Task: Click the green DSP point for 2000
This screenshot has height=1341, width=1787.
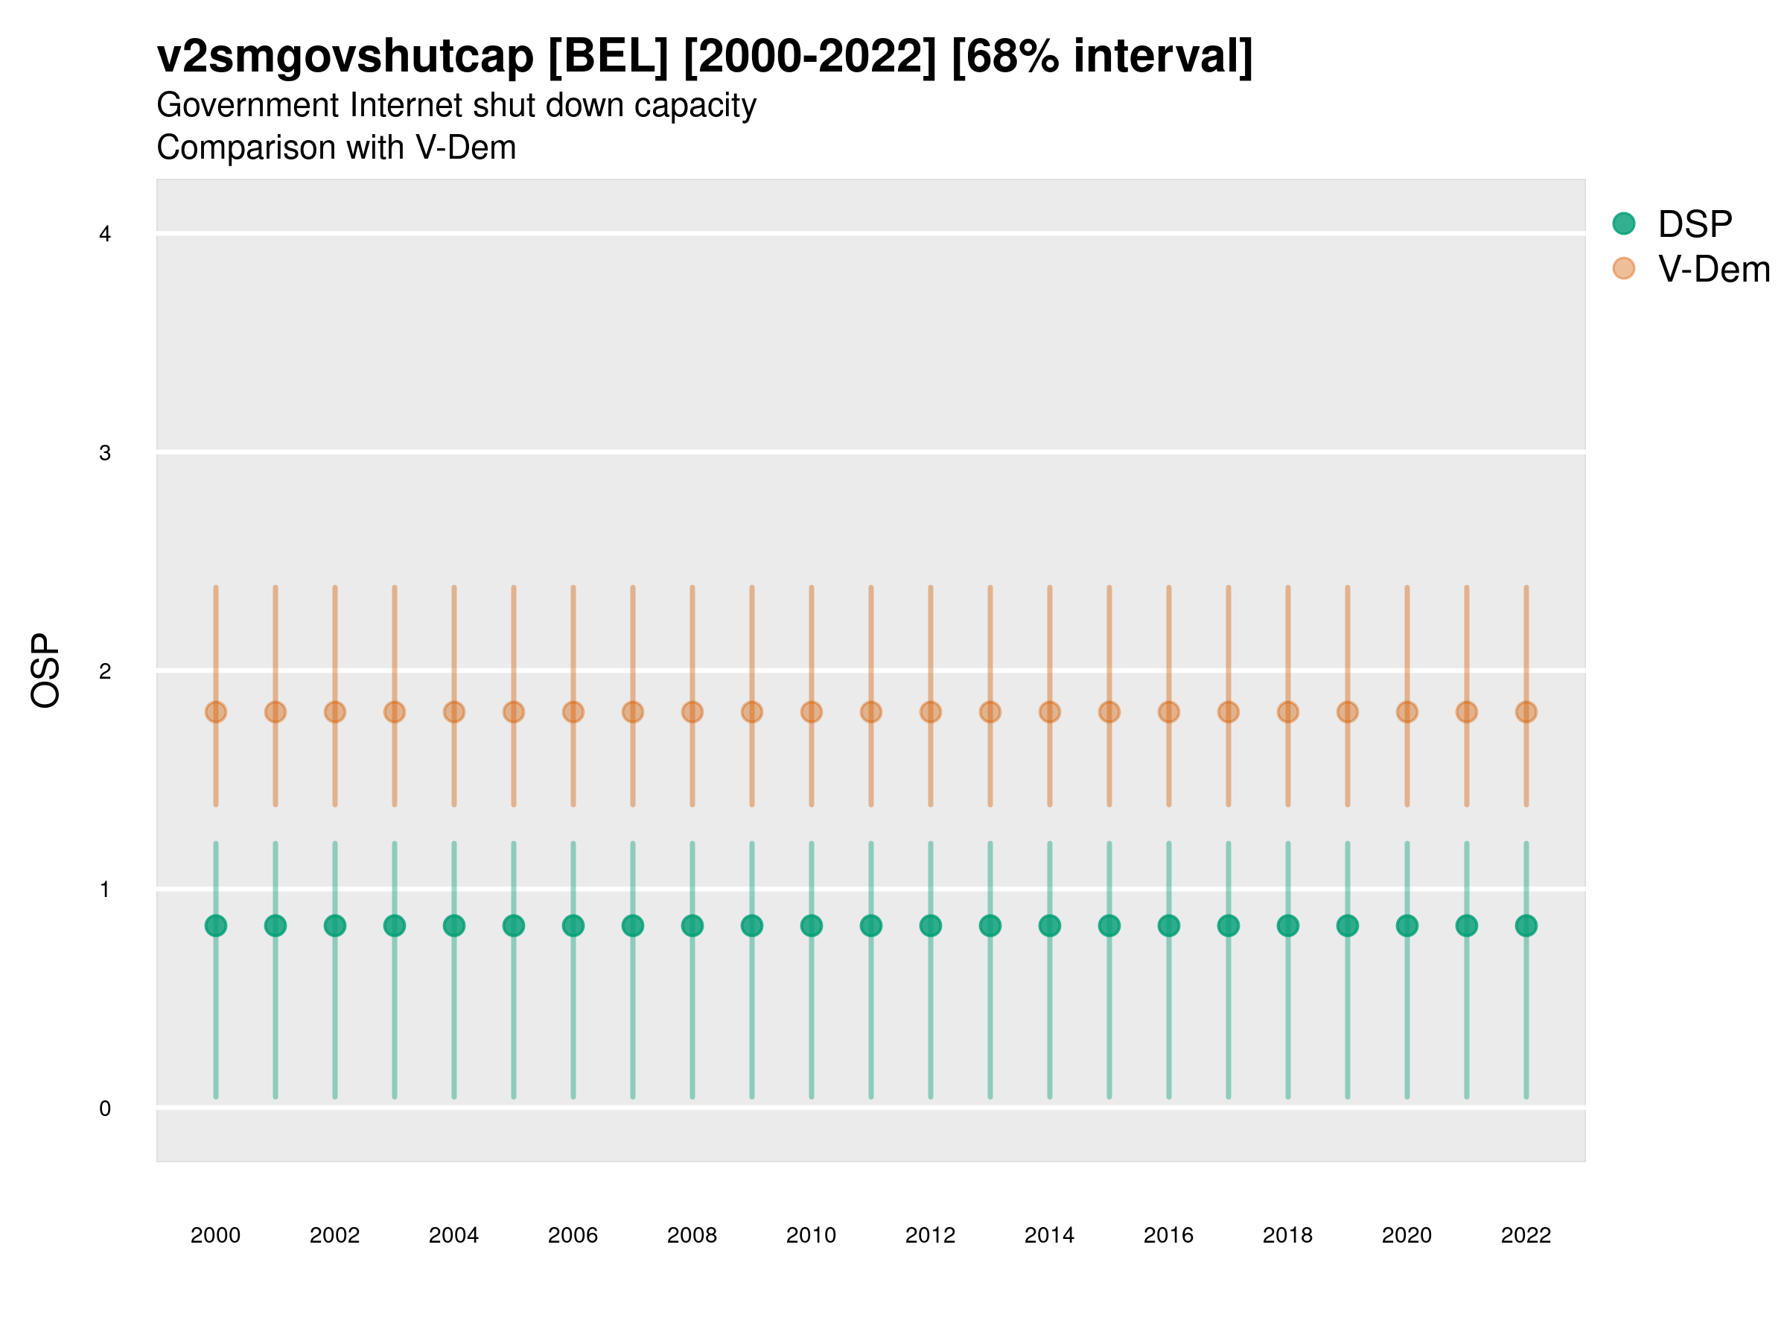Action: (x=216, y=925)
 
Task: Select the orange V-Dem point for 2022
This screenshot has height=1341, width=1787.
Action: (x=1526, y=712)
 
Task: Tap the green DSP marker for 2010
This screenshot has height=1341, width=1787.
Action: (x=811, y=925)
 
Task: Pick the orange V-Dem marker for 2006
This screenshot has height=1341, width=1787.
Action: (x=573, y=712)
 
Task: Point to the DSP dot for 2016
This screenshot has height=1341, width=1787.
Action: (x=1169, y=925)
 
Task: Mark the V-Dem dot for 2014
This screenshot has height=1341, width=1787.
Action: (x=1049, y=712)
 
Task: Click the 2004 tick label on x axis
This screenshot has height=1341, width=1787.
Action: (x=454, y=1235)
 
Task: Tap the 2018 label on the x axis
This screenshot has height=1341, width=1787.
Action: (x=1287, y=1235)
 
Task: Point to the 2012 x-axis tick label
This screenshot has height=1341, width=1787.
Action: (x=931, y=1235)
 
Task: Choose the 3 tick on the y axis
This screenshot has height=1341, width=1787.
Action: (x=105, y=453)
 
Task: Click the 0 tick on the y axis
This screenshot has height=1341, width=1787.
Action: (x=105, y=1109)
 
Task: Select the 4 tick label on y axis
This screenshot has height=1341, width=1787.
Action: (x=105, y=235)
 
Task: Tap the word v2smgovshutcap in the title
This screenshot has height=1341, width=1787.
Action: (x=345, y=57)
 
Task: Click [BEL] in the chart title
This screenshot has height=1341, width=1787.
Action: (x=608, y=57)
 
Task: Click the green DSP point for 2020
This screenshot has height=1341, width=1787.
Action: (x=1407, y=925)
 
